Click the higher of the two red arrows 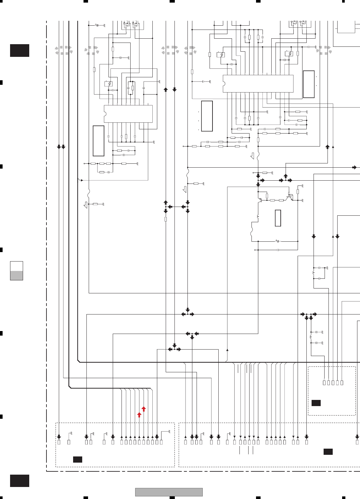pos(144,409)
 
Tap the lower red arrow pos(139,415)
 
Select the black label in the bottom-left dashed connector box pos(77,459)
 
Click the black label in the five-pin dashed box pos(316,403)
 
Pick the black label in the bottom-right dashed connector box pos(328,452)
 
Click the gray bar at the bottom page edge pos(169,492)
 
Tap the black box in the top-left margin pos(19,51)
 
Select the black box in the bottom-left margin pos(19,481)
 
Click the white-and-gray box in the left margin pos(17,271)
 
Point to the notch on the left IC pos(105,114)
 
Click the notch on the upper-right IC pos(224,83)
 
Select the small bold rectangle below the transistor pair pos(278,218)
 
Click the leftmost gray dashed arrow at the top pos(63,50)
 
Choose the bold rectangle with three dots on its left pos(207,116)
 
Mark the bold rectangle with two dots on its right pos(309,84)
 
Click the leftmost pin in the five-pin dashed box pos(324,383)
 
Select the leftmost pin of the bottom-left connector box pos(59,442)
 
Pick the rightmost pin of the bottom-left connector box pos(161,442)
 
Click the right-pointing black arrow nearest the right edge pos(354,168)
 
